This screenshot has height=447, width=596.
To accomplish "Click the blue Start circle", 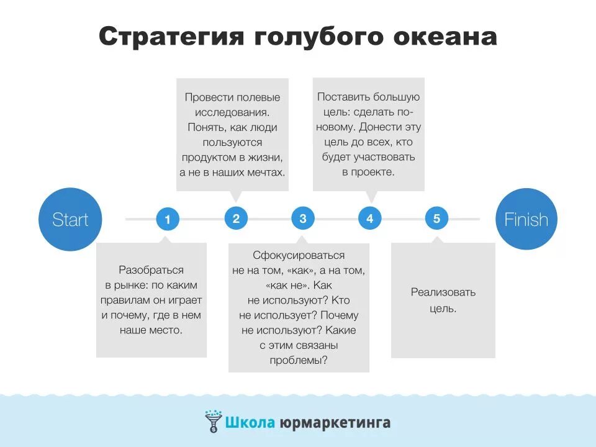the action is click(x=70, y=219).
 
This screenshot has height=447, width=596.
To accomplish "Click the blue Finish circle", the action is click(x=526, y=219).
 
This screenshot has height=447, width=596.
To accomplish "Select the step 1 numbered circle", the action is click(x=167, y=219).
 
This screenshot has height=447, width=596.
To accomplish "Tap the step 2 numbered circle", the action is click(x=236, y=219).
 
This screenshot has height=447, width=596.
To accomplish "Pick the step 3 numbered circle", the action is click(x=303, y=219).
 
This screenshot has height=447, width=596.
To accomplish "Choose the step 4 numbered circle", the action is click(x=370, y=219).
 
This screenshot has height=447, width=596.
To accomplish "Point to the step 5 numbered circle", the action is click(x=436, y=219).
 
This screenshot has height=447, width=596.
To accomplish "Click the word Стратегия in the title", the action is click(x=171, y=37).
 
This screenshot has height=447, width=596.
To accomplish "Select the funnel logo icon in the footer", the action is click(x=212, y=421).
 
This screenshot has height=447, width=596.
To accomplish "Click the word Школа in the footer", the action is click(x=248, y=423).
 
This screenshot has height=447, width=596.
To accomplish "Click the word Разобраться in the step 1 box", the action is click(x=151, y=270).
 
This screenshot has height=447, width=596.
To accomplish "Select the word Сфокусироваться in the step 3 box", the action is click(x=299, y=255).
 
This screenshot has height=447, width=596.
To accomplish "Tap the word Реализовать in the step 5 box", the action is click(x=443, y=292).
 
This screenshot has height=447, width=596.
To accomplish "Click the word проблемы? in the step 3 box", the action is click(x=299, y=360).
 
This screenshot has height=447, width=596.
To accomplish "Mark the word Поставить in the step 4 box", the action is click(x=343, y=97).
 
